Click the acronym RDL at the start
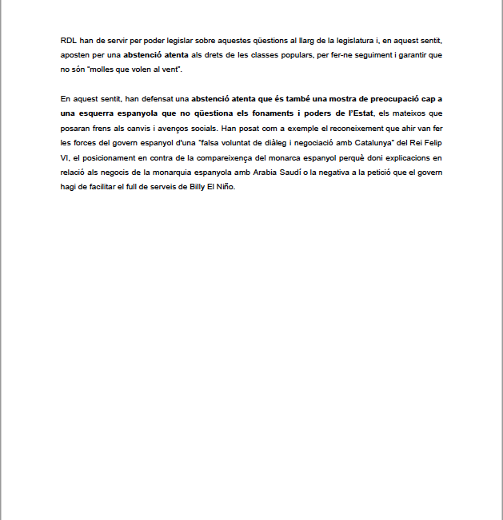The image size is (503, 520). [x=69, y=40]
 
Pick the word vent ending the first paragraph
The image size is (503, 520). [x=170, y=70]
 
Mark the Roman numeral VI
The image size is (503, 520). [x=65, y=157]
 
